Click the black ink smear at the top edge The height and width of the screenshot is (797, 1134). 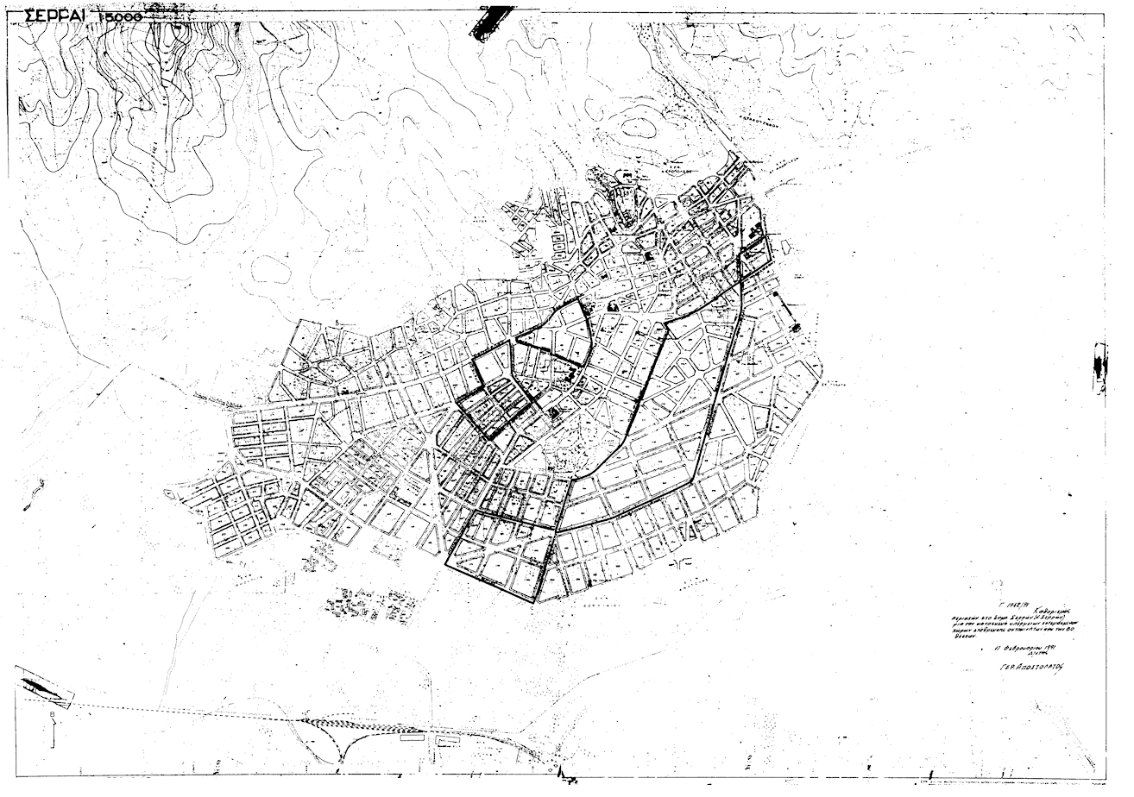[x=488, y=19]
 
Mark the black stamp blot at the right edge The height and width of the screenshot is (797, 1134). [x=1099, y=367]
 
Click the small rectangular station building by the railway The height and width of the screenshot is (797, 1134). [x=411, y=737]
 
